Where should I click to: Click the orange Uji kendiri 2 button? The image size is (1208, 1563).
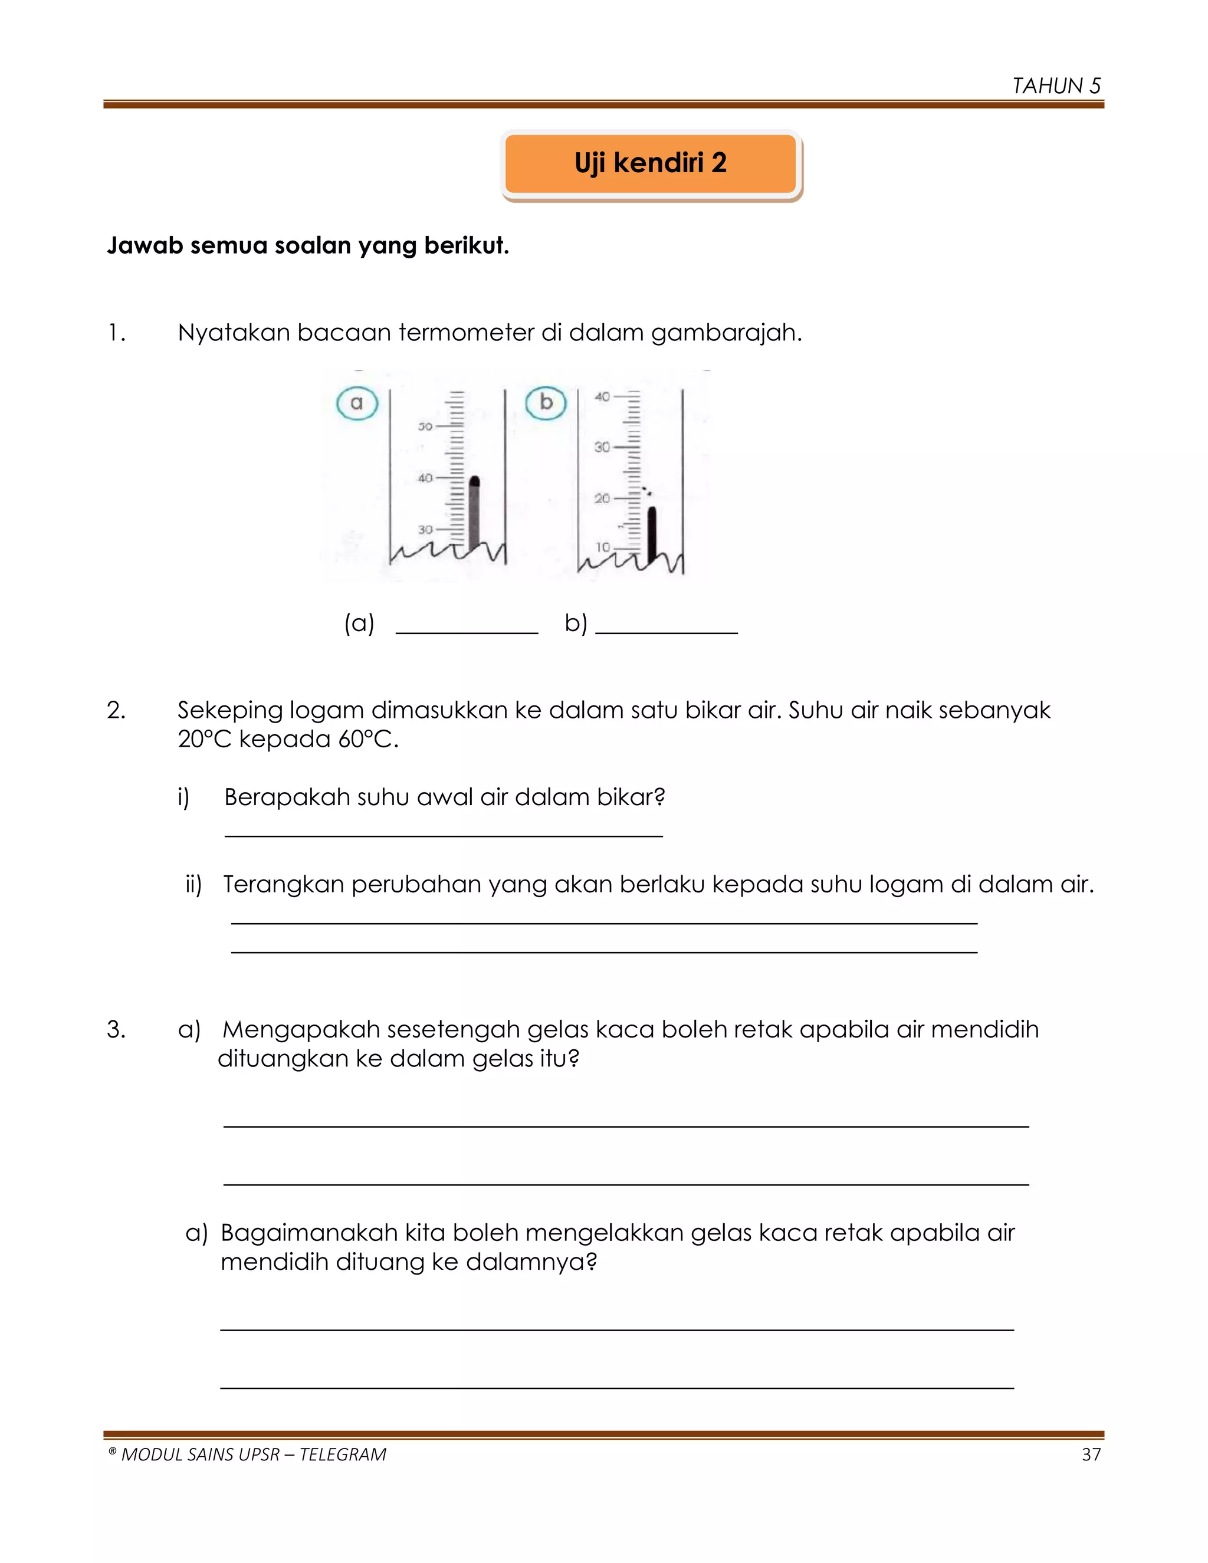click(651, 163)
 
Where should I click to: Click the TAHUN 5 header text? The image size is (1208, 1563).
click(1056, 86)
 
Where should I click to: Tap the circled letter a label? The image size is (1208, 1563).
click(356, 403)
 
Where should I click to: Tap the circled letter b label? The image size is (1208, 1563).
click(546, 402)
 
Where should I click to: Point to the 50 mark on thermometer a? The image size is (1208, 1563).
click(425, 426)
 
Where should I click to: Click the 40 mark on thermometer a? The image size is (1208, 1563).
click(425, 478)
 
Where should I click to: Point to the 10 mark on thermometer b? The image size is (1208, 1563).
click(603, 547)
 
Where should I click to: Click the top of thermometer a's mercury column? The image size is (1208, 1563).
click(474, 481)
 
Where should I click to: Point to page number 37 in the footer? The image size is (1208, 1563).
click(1091, 1454)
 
